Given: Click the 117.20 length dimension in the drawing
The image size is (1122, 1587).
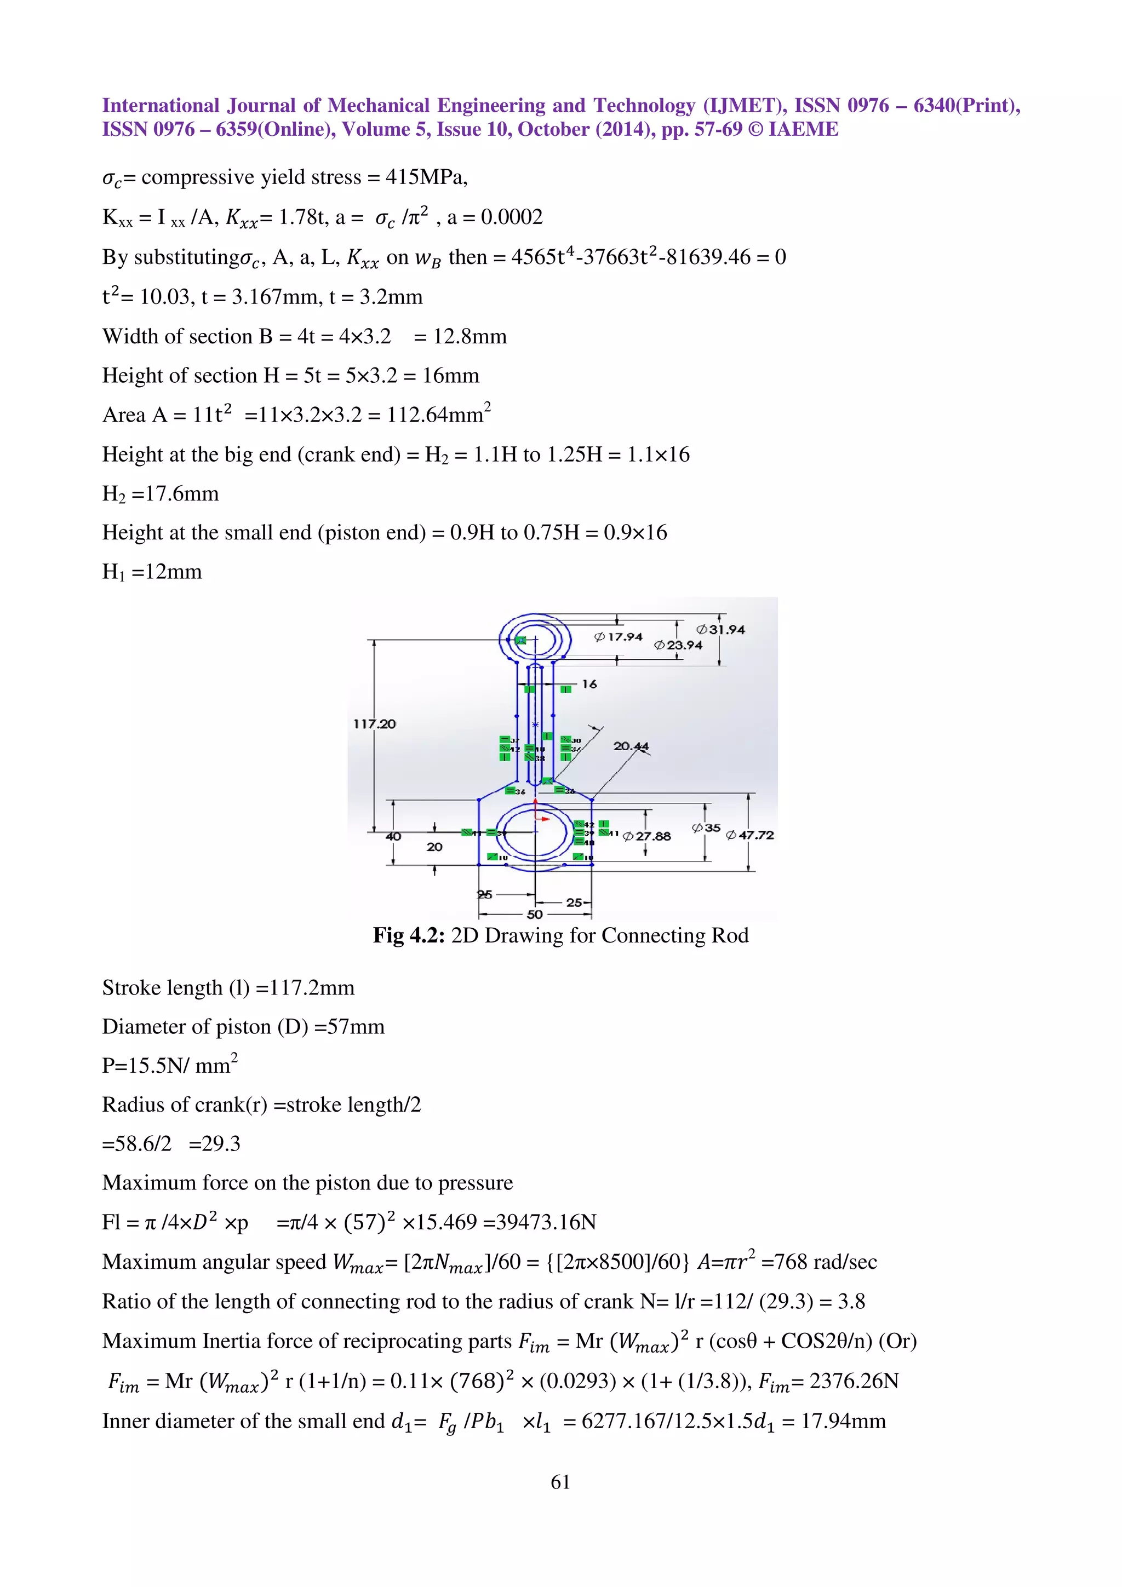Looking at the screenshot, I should (x=375, y=724).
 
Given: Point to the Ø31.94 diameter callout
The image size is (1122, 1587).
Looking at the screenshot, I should (x=720, y=630).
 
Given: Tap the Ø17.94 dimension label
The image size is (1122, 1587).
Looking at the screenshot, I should (x=618, y=636).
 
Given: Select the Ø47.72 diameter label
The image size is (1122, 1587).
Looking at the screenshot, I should (x=749, y=835).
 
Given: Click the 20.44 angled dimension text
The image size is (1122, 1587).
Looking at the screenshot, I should (x=631, y=746).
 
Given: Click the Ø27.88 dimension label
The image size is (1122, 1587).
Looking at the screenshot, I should (x=646, y=836).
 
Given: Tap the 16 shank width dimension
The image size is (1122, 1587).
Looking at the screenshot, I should (x=589, y=683).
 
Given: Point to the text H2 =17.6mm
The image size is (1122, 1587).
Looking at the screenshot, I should (x=161, y=493).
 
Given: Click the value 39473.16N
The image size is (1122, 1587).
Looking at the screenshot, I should (x=539, y=1222).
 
